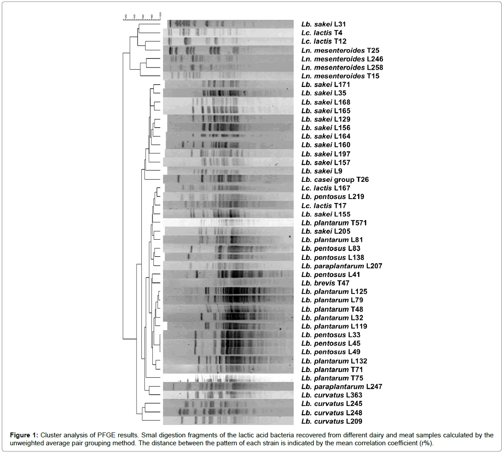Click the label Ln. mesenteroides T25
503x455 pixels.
pyautogui.click(x=340, y=50)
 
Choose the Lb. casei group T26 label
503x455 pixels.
pyautogui.click(x=335, y=180)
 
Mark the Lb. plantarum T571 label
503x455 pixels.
pyautogui.click(x=328, y=223)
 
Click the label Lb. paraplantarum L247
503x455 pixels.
pyautogui.click(x=341, y=387)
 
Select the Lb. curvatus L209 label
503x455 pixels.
pyautogui.click(x=326, y=421)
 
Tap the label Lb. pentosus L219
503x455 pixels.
pyautogui.click(x=333, y=197)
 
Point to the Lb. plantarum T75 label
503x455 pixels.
pyautogui.click(x=326, y=378)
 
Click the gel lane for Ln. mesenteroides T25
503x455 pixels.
pyautogui.click(x=228, y=50)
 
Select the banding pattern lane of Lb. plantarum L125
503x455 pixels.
pyautogui.click(x=228, y=292)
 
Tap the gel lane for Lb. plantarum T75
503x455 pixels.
pyautogui.click(x=228, y=378)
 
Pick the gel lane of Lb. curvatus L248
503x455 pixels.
pyautogui.click(x=228, y=413)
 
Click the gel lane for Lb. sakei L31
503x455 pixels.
pyautogui.click(x=228, y=24)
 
